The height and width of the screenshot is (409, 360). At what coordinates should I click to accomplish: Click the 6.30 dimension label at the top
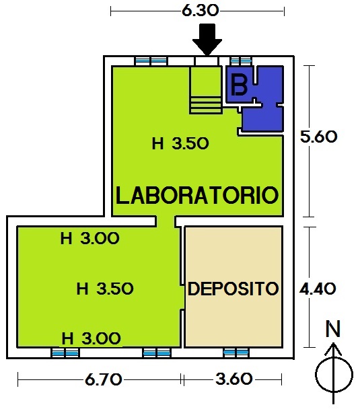pyautogui.click(x=200, y=11)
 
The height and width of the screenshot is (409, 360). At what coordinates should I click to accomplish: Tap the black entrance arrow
pyautogui.click(x=207, y=40)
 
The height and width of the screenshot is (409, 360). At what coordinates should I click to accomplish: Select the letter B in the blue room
pyautogui.click(x=240, y=85)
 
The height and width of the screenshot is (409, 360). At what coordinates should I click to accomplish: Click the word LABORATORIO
pyautogui.click(x=197, y=195)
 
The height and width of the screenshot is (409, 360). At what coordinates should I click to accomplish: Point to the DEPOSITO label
pyautogui.click(x=233, y=289)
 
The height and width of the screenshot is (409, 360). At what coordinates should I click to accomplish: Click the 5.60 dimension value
pyautogui.click(x=318, y=137)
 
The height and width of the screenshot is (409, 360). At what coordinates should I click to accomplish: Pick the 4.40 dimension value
pyautogui.click(x=318, y=289)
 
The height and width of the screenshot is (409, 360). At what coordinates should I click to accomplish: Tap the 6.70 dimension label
pyautogui.click(x=104, y=379)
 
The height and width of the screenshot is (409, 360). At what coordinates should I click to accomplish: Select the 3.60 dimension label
pyautogui.click(x=234, y=379)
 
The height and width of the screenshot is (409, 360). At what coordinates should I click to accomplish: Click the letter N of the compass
pyautogui.click(x=333, y=329)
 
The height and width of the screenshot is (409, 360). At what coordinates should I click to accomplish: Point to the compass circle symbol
pyautogui.click(x=334, y=375)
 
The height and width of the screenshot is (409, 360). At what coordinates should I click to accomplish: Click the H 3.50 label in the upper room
pyautogui.click(x=180, y=143)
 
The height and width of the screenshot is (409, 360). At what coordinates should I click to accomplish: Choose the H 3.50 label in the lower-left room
pyautogui.click(x=105, y=289)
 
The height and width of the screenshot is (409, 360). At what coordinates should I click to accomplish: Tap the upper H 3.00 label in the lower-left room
pyautogui.click(x=89, y=238)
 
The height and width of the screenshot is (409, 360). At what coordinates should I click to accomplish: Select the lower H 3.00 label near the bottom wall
pyautogui.click(x=91, y=338)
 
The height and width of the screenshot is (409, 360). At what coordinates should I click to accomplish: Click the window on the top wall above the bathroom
pyautogui.click(x=241, y=61)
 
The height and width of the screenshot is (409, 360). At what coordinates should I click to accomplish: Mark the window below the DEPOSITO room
pyautogui.click(x=236, y=352)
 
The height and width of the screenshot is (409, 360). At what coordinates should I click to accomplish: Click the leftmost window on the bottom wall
pyautogui.click(x=65, y=353)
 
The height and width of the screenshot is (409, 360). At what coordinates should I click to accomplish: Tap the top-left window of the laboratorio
pyautogui.click(x=151, y=61)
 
